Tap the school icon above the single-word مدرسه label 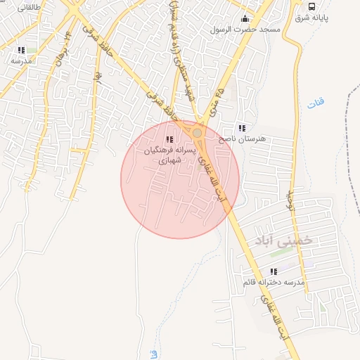(22, 50)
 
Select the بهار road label (98, 73)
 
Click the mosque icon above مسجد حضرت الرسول (245, 18)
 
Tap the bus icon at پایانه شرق (311, 6)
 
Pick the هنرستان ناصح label (243, 139)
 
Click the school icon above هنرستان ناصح (243, 128)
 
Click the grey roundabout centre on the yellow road (198, 132)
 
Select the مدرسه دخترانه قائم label (274, 282)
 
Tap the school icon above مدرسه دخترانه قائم (274, 271)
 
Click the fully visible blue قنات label (316, 104)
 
